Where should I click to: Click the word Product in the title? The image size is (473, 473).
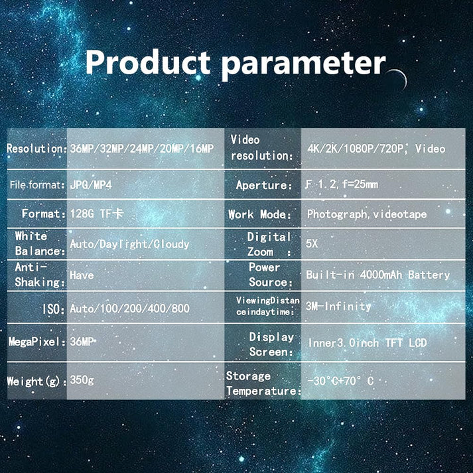click(148, 62)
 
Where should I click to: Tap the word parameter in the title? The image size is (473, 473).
click(303, 65)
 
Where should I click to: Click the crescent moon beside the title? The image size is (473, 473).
click(399, 79)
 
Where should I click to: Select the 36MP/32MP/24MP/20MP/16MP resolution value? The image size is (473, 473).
click(142, 149)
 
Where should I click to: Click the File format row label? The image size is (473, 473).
click(37, 184)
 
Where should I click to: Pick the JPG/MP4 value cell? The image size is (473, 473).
click(91, 184)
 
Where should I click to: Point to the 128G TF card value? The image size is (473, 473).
click(97, 214)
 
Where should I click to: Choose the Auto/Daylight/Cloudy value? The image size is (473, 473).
click(129, 244)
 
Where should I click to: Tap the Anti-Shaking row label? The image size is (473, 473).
click(40, 275)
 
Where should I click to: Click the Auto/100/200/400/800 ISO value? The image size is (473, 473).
click(130, 308)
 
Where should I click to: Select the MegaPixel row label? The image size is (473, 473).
click(37, 342)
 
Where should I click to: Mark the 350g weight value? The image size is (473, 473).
click(82, 380)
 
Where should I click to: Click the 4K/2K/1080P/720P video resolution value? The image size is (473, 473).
click(376, 149)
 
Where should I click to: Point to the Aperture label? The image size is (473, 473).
click(264, 185)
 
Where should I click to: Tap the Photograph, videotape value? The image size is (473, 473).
click(367, 214)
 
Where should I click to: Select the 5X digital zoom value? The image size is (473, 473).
click(312, 243)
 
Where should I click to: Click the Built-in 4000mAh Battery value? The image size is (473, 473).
click(378, 275)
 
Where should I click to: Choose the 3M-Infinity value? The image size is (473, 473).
click(338, 306)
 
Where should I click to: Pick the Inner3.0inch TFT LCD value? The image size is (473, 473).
click(367, 343)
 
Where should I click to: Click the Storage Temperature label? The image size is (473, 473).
click(263, 383)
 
